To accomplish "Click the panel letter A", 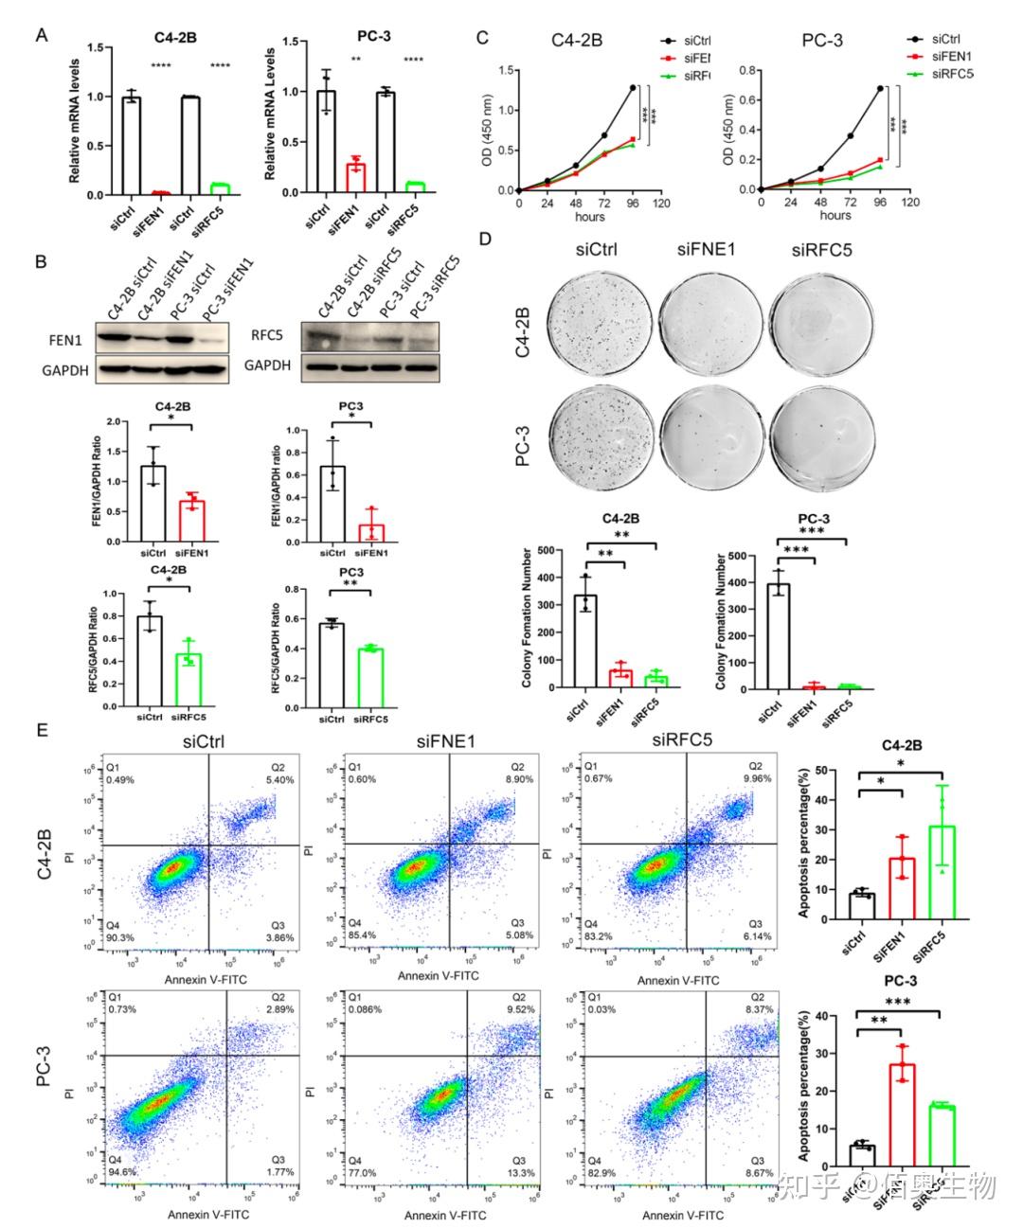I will (x=41, y=36).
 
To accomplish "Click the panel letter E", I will (x=41, y=731).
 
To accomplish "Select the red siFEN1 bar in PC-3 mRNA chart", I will (x=355, y=178).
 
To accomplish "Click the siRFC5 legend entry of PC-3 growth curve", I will (x=952, y=73).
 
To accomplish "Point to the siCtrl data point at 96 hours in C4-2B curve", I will (x=632, y=87).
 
